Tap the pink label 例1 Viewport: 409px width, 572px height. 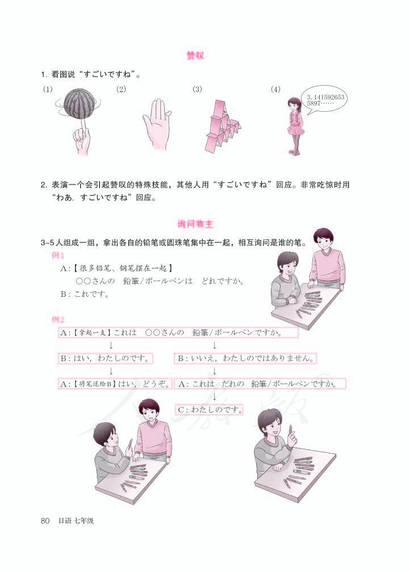58,256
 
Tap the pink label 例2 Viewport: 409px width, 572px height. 58,319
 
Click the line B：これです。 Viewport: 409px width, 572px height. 85,295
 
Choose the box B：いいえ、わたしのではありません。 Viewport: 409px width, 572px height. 246,359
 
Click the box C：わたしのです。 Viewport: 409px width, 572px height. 209,408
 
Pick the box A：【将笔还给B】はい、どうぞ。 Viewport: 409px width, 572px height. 115,384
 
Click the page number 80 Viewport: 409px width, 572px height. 46,520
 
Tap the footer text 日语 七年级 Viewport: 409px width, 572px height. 76,520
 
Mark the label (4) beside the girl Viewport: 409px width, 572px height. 276,89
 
